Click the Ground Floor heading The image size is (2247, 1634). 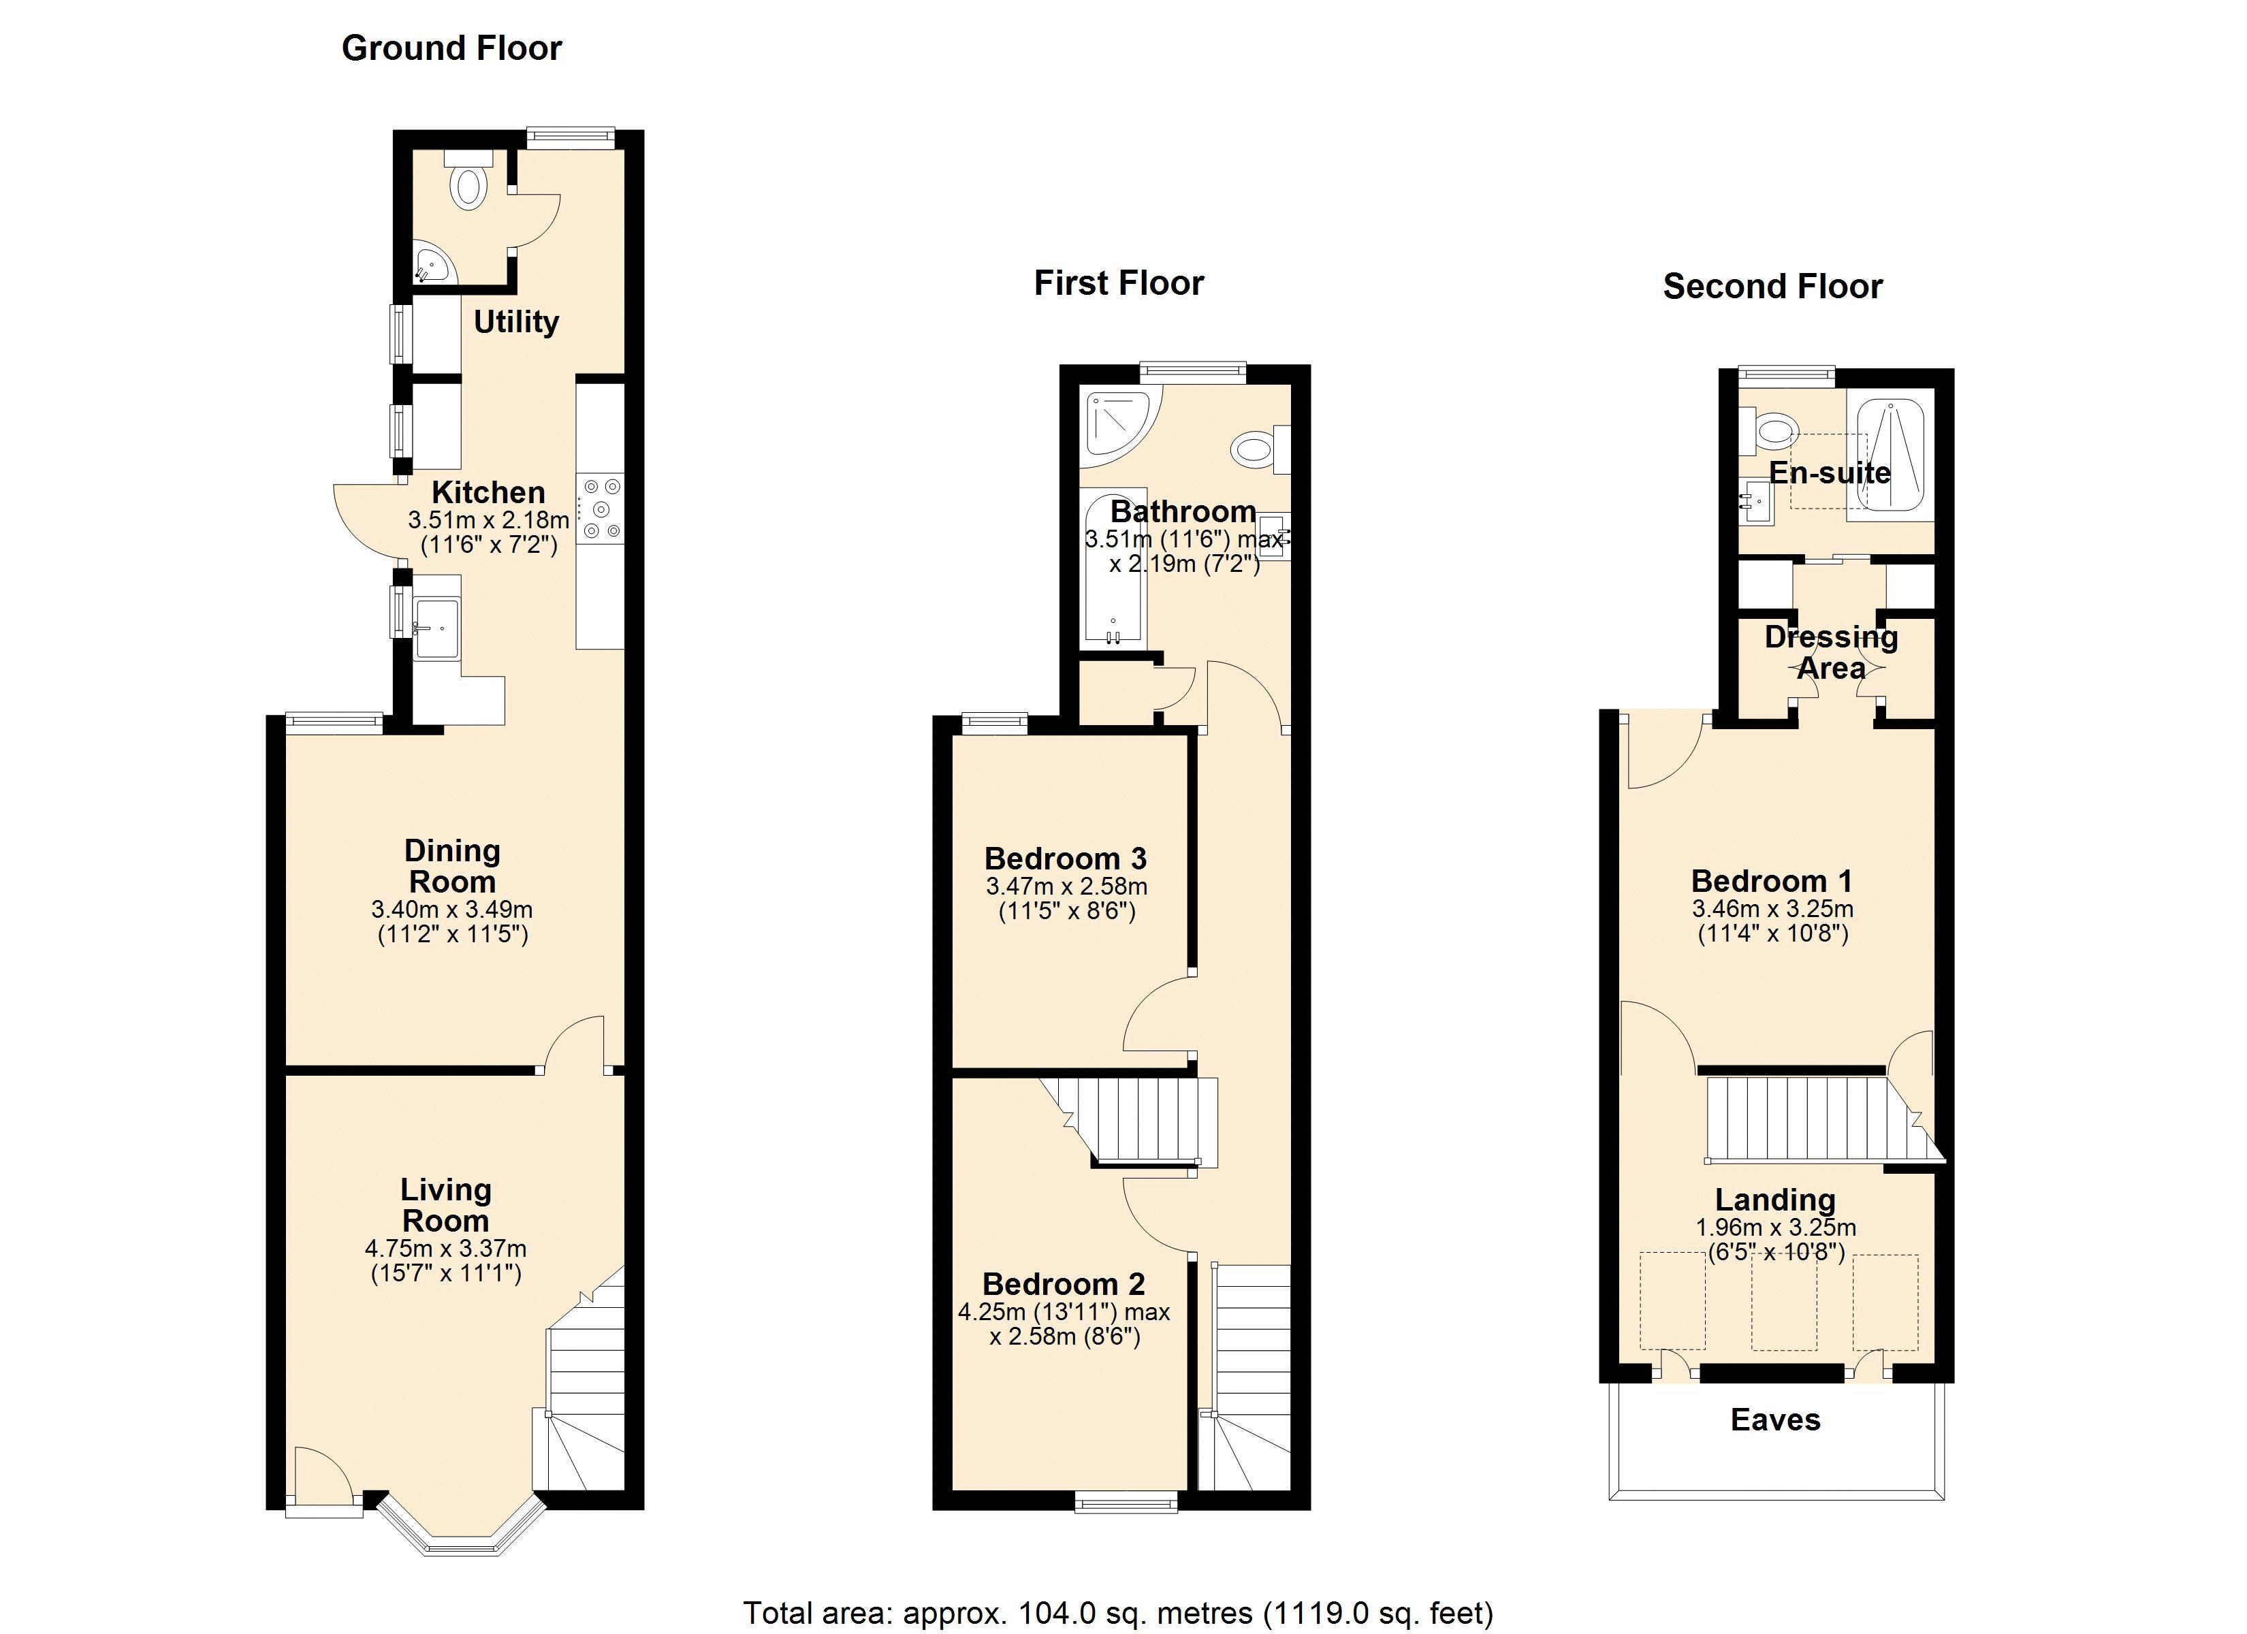(x=451, y=48)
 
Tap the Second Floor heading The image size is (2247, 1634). (x=1772, y=287)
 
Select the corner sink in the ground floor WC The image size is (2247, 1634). (x=433, y=263)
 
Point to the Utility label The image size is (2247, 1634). (x=516, y=322)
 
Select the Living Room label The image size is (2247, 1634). (x=446, y=1205)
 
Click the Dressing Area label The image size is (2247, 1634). (x=1831, y=652)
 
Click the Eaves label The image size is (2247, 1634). (x=1775, y=1420)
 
